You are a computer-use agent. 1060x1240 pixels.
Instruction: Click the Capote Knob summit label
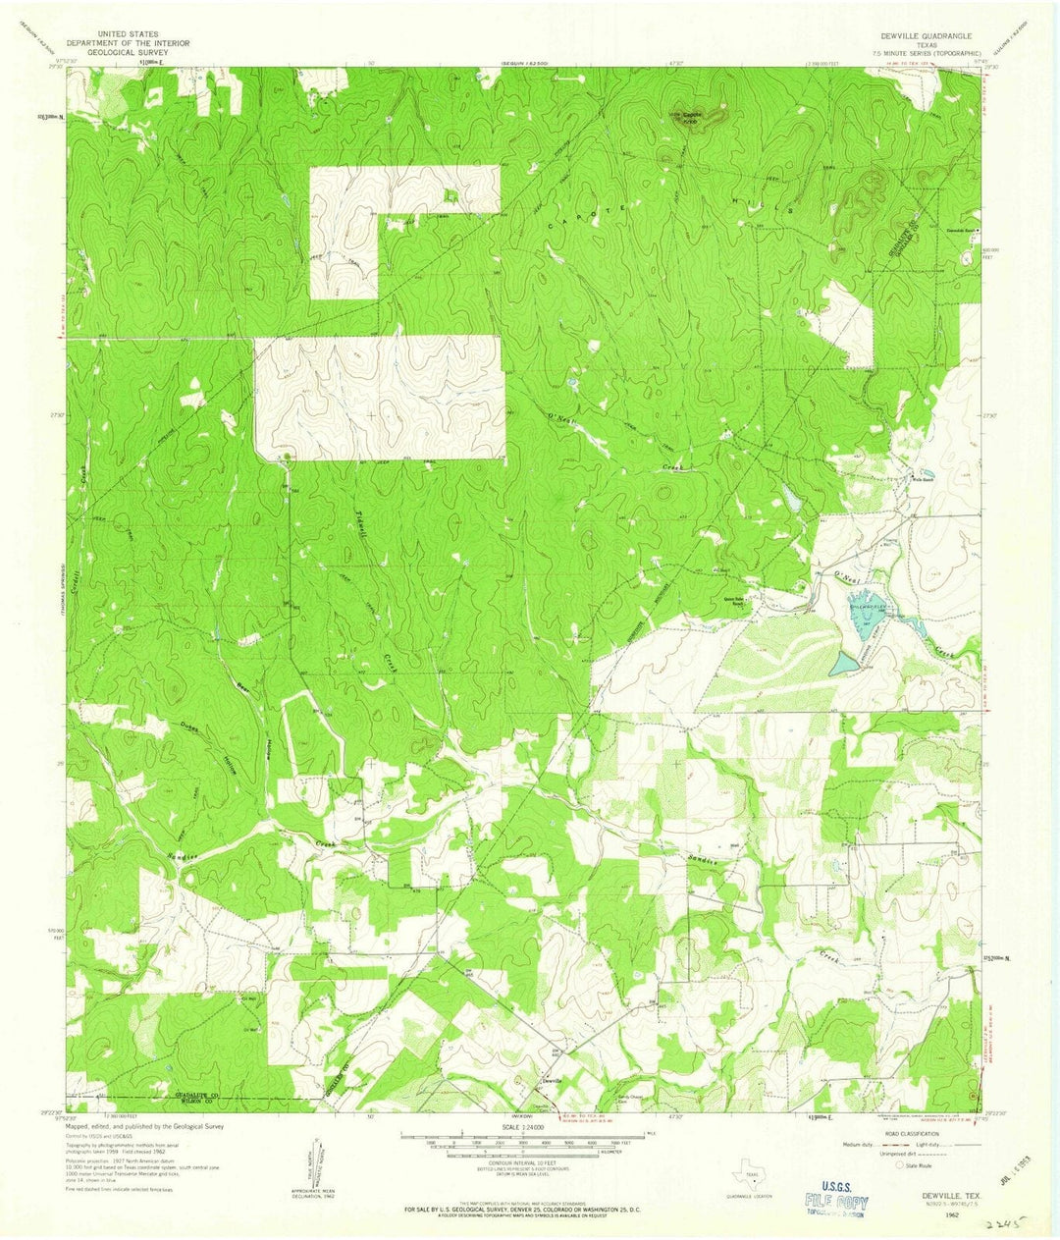tap(695, 114)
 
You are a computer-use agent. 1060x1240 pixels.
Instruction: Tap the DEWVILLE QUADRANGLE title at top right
tap(912, 34)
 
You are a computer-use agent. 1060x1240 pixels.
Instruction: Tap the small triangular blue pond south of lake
tap(843, 665)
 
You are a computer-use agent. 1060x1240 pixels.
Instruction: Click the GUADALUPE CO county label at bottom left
tap(194, 1094)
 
